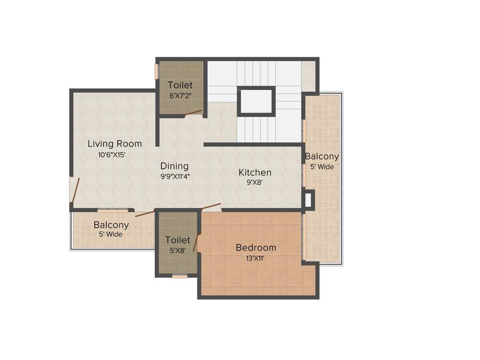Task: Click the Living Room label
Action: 114,143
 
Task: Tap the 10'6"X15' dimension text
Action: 112,155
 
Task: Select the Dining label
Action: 174,166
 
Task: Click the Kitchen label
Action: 255,172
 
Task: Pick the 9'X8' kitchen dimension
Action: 255,183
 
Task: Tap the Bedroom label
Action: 255,247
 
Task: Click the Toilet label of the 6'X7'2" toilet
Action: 180,85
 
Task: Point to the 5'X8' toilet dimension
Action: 177,250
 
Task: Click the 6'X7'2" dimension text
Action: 180,96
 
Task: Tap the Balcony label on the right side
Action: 322,157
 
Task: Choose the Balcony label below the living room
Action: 111,225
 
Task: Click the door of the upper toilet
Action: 193,113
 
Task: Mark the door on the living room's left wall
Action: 75,190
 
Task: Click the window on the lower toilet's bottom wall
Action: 180,276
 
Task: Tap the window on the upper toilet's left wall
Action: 157,71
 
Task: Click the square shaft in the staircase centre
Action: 255,101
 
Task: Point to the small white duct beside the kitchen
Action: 308,199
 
